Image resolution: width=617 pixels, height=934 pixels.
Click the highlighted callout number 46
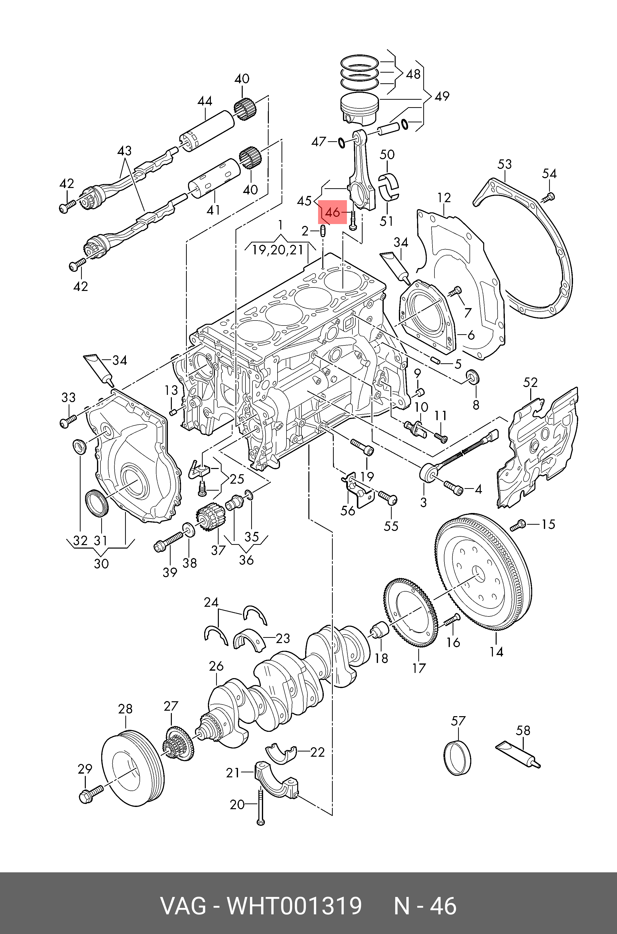(x=332, y=212)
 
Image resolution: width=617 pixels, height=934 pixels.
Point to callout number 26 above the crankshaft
(x=216, y=666)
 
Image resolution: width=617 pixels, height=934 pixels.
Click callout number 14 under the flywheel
(x=496, y=652)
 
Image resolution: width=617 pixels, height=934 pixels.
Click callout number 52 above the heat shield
(x=530, y=382)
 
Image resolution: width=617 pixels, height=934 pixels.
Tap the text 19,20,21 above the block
(x=278, y=250)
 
